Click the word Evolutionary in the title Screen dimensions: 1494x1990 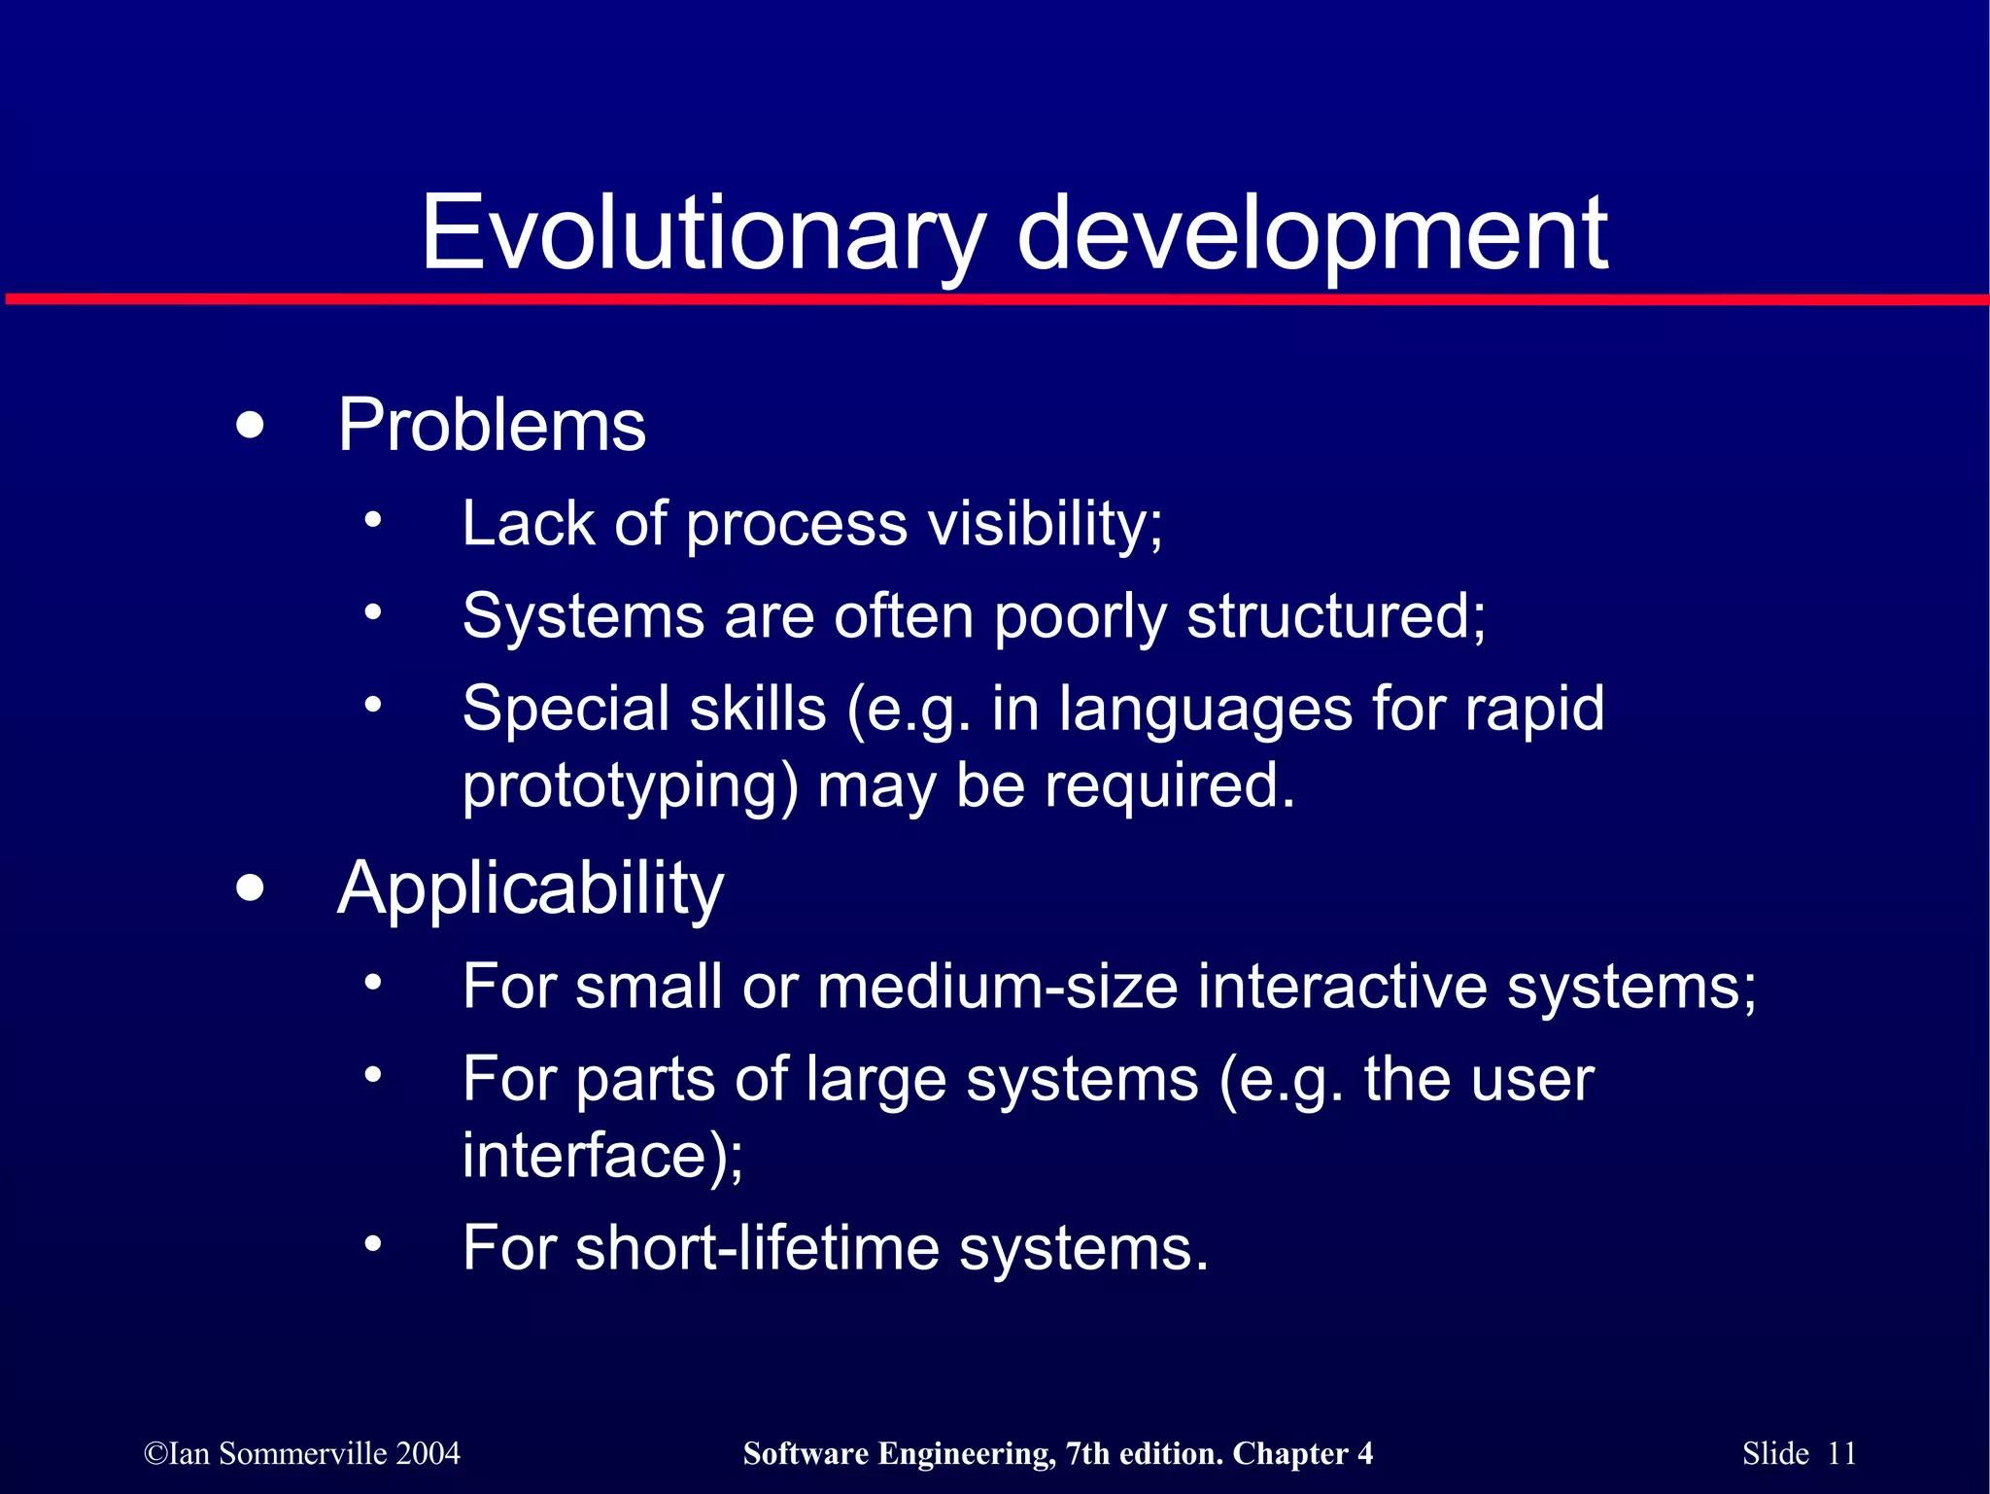[702, 233]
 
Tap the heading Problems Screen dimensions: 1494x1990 [492, 426]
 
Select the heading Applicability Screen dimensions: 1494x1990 [531, 888]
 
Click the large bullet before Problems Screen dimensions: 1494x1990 [250, 426]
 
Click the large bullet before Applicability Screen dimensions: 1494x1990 [250, 887]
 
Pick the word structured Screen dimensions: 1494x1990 [1336, 616]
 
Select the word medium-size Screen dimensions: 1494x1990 [998, 987]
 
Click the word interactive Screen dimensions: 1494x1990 [1342, 987]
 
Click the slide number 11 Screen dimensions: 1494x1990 [1841, 1453]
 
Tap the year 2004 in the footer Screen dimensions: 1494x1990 [428, 1453]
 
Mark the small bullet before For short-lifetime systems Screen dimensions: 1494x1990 [373, 1245]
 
